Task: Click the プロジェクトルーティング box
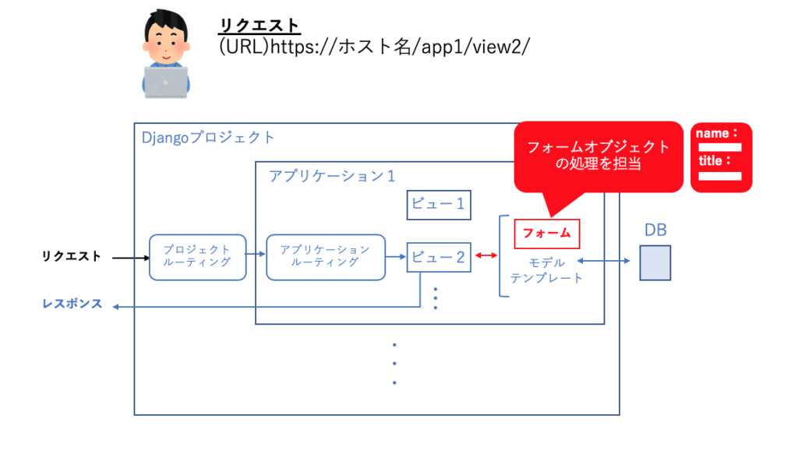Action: (197, 257)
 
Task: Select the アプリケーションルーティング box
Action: (325, 257)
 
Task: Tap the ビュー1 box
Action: (438, 205)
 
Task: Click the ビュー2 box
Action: (438, 257)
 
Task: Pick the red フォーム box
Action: (546, 233)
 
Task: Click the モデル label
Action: (546, 263)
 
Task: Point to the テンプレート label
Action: (546, 278)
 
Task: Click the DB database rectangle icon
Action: (655, 262)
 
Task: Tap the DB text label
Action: (655, 230)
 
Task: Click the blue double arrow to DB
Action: (603, 262)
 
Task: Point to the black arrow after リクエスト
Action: (129, 256)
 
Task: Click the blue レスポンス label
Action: (72, 304)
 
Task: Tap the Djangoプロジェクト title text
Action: (208, 138)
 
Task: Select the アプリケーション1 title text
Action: (332, 176)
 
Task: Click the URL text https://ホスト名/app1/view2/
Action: (375, 47)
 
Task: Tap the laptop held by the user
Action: (165, 82)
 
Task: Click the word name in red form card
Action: (712, 133)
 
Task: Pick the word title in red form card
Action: (711, 161)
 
